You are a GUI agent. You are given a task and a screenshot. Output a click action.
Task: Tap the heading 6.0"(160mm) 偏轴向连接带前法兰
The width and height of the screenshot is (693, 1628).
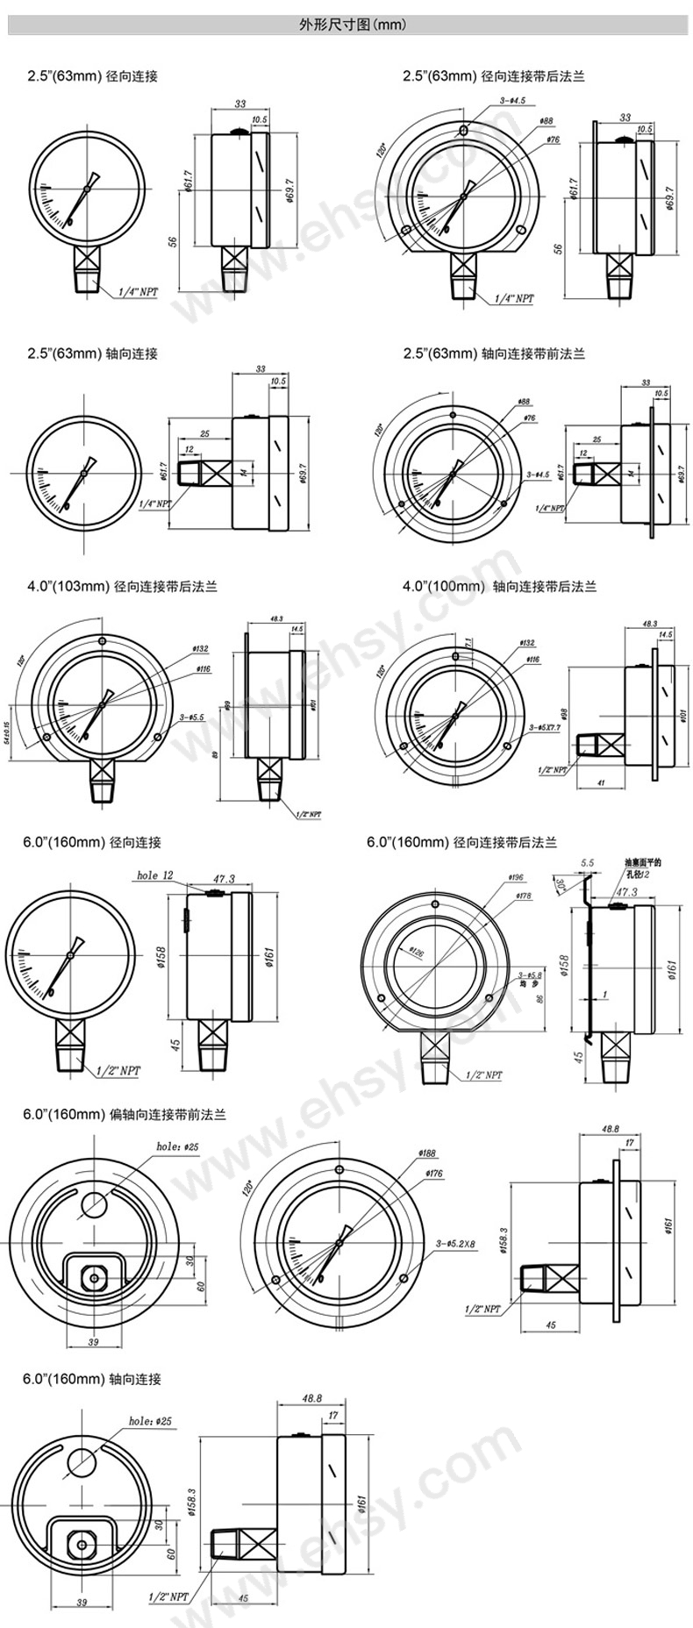pos(125,1114)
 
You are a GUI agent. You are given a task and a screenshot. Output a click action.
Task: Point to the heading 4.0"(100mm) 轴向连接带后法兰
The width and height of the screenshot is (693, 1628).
pos(499,586)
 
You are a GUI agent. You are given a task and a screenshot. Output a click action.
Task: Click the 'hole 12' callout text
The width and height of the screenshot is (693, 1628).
pos(155,875)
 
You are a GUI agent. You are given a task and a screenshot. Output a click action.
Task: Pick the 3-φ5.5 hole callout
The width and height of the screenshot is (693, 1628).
pos(191,717)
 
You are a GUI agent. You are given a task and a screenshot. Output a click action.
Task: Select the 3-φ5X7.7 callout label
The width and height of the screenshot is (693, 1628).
pos(548,727)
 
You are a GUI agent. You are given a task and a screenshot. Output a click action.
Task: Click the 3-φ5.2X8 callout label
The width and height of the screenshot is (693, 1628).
pos(455,1244)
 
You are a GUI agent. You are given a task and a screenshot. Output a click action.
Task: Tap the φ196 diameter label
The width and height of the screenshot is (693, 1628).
pos(515,877)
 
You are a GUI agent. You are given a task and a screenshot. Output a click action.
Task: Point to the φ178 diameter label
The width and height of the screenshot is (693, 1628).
pos(524,896)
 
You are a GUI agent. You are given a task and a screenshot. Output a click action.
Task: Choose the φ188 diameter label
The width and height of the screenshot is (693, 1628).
pos(427,1153)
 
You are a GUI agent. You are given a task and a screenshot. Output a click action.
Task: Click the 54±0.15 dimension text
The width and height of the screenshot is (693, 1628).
pos(7,718)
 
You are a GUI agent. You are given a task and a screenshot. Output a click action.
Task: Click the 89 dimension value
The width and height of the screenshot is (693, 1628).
pos(227,753)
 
